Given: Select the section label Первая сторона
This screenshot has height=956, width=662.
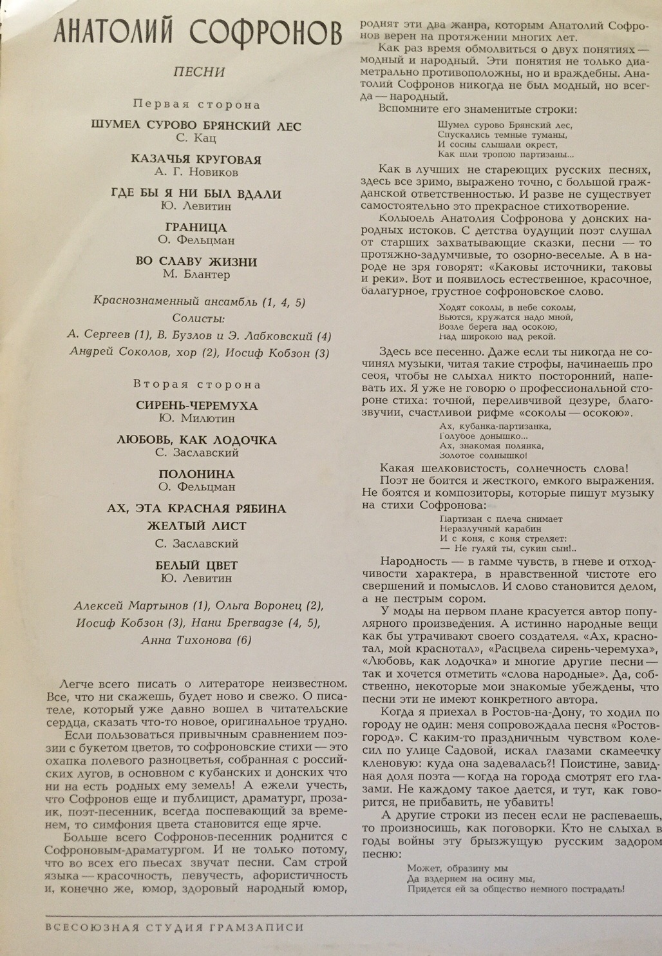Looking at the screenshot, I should tap(196, 104).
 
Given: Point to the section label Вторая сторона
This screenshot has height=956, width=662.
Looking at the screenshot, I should tap(196, 385).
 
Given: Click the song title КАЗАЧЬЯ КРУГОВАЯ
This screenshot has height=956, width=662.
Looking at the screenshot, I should tap(196, 160).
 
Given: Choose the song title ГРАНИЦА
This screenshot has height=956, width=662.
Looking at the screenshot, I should tap(196, 228).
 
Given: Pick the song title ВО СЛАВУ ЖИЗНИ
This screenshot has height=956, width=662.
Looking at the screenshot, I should tap(196, 262).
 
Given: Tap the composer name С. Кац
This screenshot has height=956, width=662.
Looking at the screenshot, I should tap(196, 138).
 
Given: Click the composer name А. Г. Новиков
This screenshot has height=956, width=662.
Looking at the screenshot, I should tap(196, 173).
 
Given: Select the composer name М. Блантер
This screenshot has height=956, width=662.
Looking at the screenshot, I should tap(196, 274).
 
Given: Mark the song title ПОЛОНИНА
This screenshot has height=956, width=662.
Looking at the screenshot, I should tap(196, 475).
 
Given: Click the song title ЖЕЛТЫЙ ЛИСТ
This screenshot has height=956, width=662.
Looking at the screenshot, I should tap(196, 526).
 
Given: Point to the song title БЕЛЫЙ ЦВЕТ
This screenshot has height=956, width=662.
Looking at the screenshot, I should tap(196, 566).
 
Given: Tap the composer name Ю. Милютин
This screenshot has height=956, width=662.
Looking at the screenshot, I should tap(196, 419).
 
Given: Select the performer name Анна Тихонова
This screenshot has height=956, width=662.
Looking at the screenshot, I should tap(196, 640).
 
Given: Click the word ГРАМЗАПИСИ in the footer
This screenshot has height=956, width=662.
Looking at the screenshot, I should tap(256, 928).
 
